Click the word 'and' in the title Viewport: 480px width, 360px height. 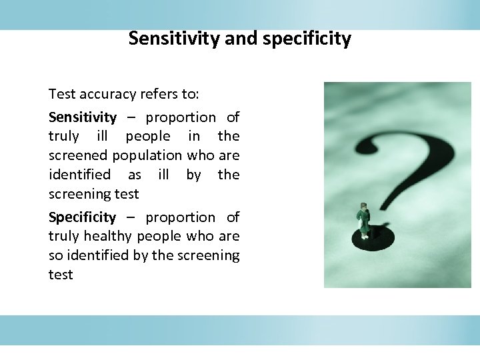tap(243, 39)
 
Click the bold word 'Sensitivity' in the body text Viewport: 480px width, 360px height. tap(82, 117)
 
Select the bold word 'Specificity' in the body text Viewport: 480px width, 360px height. tap(82, 217)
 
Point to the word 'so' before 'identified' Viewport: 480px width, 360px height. tap(55, 255)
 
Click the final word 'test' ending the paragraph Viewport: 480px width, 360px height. tap(61, 275)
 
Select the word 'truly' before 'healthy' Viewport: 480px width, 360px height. tap(63, 236)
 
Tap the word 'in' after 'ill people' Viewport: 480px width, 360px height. tap(194, 136)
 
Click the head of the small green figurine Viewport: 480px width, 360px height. tap(363, 205)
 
